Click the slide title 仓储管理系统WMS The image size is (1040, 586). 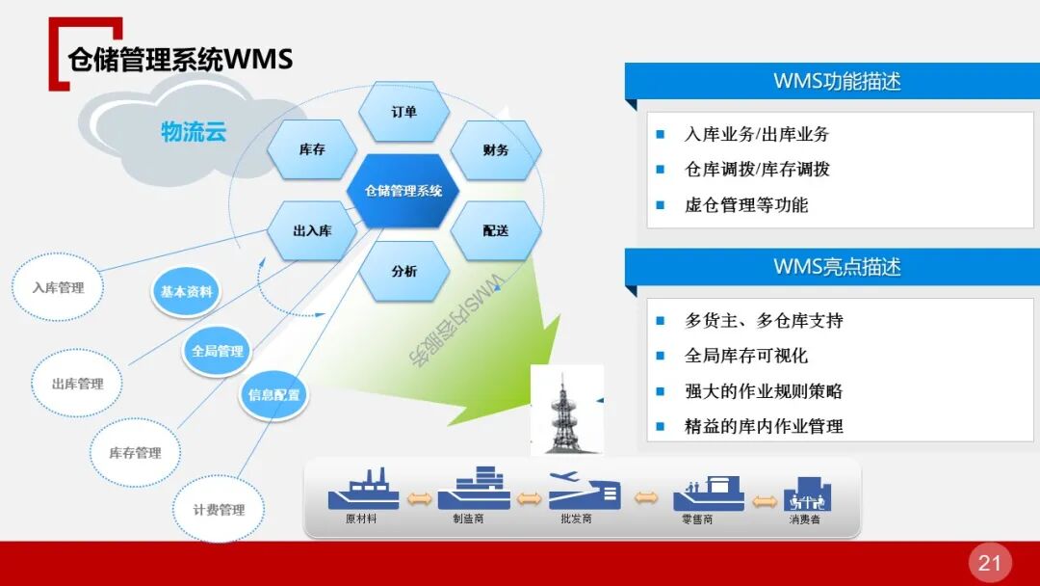point(180,60)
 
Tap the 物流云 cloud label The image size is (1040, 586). point(194,132)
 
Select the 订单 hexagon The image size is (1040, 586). point(404,112)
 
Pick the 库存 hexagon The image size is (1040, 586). point(312,150)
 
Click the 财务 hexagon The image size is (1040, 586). point(496,150)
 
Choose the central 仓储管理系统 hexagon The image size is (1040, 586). point(403,191)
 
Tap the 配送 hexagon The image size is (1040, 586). point(496,231)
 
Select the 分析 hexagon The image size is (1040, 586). point(404,272)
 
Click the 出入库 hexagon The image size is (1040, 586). point(312,231)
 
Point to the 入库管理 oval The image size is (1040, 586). point(59,287)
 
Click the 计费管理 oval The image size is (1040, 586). point(219,510)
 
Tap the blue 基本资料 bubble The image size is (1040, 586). point(187,292)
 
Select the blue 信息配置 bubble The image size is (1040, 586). point(274,394)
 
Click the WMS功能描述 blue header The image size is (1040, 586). point(836,82)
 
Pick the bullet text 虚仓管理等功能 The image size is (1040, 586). point(746,205)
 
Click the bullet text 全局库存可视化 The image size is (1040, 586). point(746,356)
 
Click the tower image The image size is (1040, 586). point(567,410)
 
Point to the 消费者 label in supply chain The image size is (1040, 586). point(805,520)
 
